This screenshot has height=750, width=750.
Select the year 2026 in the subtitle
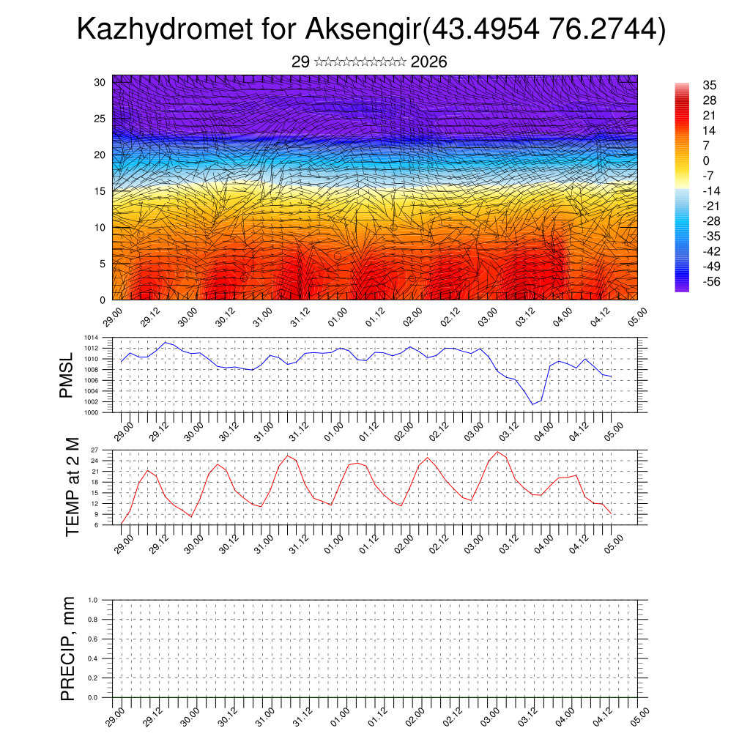pos(429,62)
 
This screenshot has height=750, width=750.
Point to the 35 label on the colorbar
pos(709,85)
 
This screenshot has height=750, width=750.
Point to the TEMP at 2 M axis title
pos(72,486)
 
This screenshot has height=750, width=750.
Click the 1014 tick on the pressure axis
pos(91,338)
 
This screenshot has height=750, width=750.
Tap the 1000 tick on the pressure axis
pos(91,412)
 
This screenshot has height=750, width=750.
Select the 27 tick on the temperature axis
pos(94,449)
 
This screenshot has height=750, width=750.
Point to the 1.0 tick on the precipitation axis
pos(92,600)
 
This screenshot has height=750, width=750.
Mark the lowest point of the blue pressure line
pos(533,404)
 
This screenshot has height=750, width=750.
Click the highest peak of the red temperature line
pos(498,451)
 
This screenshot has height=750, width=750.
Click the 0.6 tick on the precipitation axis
pos(92,639)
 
